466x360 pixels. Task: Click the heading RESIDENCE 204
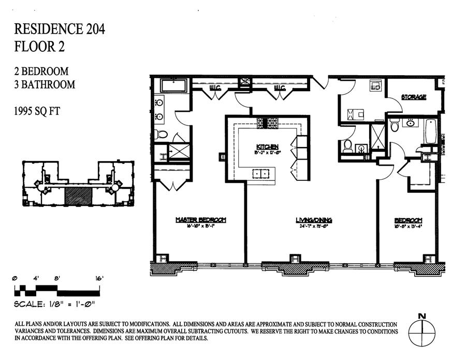coord(60,29)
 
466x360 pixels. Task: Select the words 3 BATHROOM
coord(45,84)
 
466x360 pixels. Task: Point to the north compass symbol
coord(421,329)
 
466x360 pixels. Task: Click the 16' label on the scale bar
coord(99,278)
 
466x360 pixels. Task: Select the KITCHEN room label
coord(267,146)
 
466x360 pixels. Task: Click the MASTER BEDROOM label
coord(200,220)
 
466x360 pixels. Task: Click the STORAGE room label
coord(414,97)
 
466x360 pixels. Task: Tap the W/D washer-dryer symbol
coord(375,87)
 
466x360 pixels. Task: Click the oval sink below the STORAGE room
coord(411,123)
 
